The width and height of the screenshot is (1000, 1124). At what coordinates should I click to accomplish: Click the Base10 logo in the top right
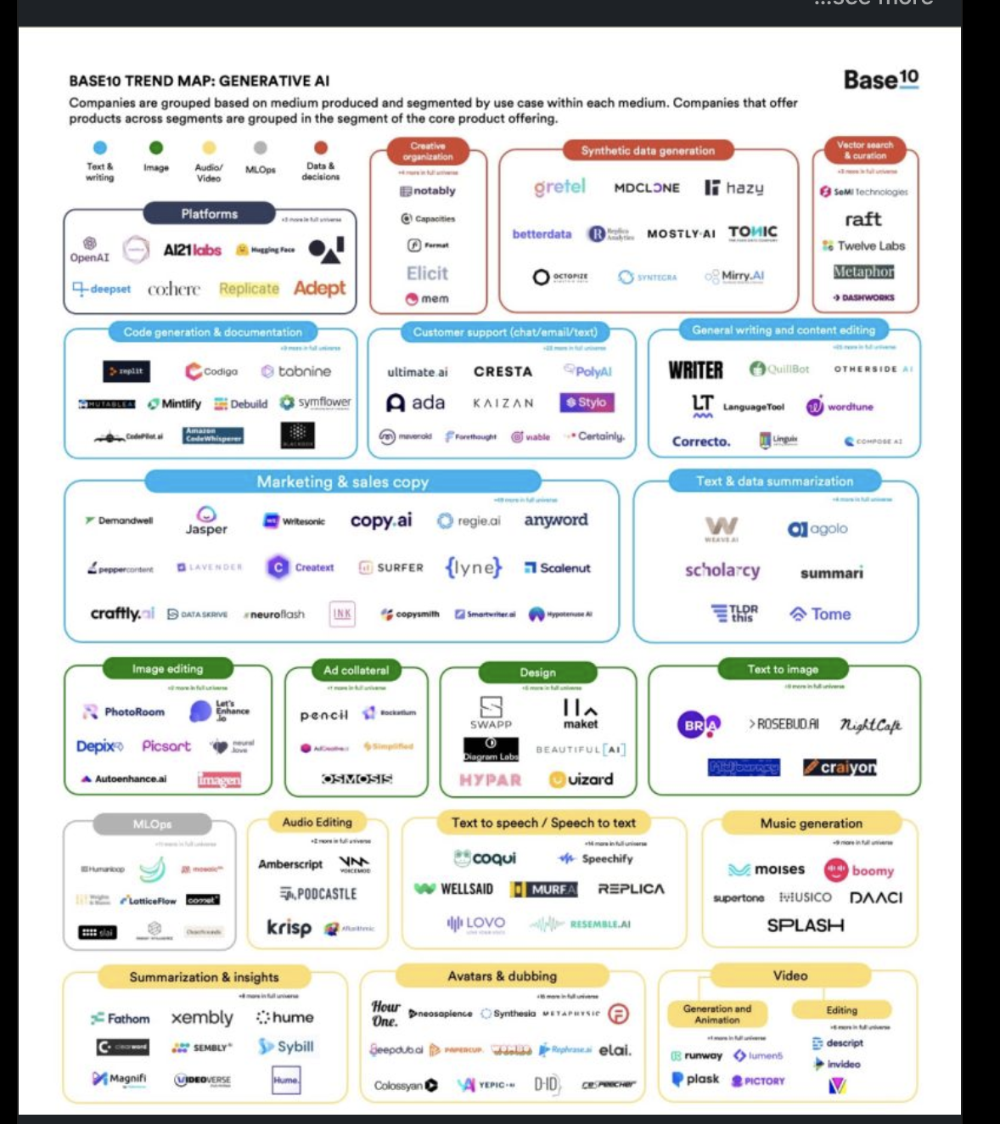coord(880,80)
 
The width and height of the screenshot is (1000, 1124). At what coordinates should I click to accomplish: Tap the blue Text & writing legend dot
coord(100,148)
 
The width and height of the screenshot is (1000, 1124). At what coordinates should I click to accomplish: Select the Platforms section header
coord(209,214)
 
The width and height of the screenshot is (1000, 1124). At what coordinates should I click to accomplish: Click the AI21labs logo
coord(192,250)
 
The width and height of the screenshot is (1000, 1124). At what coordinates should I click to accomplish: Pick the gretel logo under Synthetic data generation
coord(559,187)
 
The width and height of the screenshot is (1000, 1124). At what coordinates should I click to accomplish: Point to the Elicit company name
coord(427,273)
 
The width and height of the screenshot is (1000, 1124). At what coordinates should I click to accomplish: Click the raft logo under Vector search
coord(862,219)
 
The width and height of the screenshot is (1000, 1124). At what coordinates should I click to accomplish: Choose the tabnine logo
coord(296,371)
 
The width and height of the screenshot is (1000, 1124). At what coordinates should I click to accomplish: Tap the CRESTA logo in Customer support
coord(503,372)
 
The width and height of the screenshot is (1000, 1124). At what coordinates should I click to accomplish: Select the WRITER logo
coord(695,370)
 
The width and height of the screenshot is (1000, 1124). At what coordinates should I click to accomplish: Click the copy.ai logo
coord(381,520)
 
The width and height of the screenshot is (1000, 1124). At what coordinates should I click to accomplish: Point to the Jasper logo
coord(206,520)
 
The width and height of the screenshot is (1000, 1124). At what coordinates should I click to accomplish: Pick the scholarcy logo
coord(722,570)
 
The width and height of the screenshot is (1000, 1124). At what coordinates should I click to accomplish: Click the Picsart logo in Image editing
coord(166,746)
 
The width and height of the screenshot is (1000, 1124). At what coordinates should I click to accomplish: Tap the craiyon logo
coord(840,767)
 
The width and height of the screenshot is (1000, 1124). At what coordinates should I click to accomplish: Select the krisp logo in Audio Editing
coord(289,927)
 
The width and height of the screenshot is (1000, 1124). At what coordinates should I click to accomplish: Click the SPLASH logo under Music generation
coord(805,925)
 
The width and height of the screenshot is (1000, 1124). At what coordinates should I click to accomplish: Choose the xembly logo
coord(202,1017)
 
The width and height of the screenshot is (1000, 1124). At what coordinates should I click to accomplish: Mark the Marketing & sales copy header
coord(342,482)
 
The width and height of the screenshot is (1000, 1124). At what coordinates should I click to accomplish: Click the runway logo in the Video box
coord(697,1055)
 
